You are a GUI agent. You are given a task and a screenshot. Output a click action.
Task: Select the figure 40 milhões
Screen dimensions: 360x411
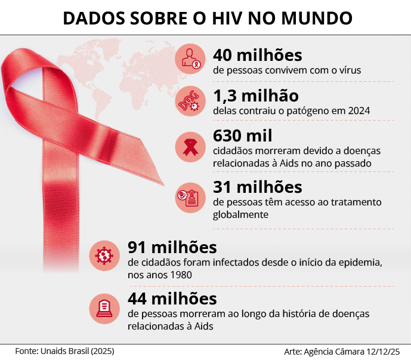257,56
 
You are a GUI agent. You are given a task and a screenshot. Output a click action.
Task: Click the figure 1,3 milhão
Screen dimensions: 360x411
255,96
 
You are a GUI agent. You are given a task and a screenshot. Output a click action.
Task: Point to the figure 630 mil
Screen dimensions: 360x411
242,136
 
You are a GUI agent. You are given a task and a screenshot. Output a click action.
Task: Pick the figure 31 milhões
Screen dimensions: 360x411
257,187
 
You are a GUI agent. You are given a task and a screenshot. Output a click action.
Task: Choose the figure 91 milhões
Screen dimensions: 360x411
172,247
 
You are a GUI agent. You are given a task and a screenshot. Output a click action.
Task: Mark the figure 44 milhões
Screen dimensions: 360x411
172,298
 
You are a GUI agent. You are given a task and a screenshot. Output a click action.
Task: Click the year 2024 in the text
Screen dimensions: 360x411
358,110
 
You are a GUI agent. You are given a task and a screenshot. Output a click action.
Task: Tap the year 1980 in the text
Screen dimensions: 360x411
180,276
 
